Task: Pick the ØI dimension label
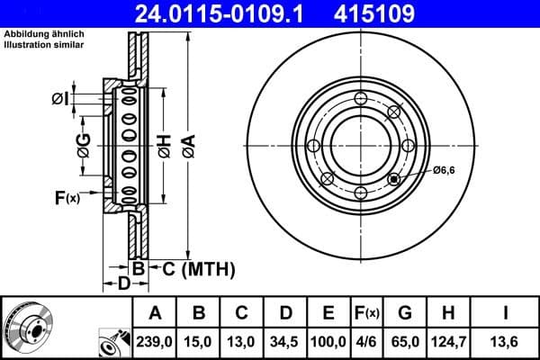pyautogui.click(x=60, y=98)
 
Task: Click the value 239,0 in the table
pyautogui.click(x=156, y=340)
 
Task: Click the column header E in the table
pyautogui.click(x=328, y=314)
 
